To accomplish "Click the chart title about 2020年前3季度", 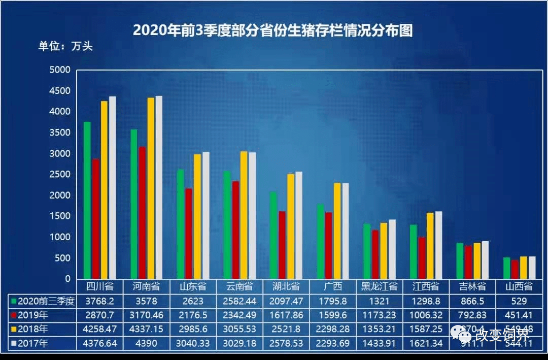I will point(272,30).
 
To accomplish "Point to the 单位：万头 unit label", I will point(65,46).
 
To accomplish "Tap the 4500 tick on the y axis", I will point(60,91).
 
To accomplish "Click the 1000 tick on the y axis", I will point(60,237).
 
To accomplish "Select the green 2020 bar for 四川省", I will point(87,201).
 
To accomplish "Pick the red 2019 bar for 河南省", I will point(143,213).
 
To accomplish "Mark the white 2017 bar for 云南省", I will point(252,216).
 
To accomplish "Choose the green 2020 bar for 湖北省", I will point(273,236).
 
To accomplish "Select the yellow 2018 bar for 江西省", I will point(430,246).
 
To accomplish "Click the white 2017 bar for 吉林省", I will point(485,260).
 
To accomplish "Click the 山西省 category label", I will point(519,286).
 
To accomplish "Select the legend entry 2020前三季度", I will point(43,301).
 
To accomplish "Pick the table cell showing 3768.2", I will point(100,301).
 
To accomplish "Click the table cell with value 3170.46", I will point(147,315).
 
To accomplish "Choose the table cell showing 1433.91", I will point(380,344).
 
